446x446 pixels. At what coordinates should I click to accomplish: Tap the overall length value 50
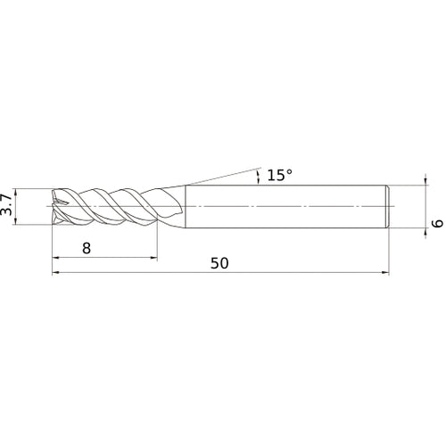point(219,263)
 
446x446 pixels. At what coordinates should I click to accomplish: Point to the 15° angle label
point(278,176)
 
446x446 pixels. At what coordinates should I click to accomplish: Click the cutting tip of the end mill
point(56,207)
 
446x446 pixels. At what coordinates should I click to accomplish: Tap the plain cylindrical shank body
point(285,207)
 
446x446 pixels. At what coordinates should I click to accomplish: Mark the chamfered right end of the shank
point(387,207)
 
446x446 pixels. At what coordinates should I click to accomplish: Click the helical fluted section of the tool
point(107,207)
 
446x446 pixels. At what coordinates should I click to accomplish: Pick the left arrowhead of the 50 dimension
point(58,274)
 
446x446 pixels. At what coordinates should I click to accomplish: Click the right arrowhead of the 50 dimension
point(385,274)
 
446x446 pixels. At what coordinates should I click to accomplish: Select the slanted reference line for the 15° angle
point(223,175)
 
